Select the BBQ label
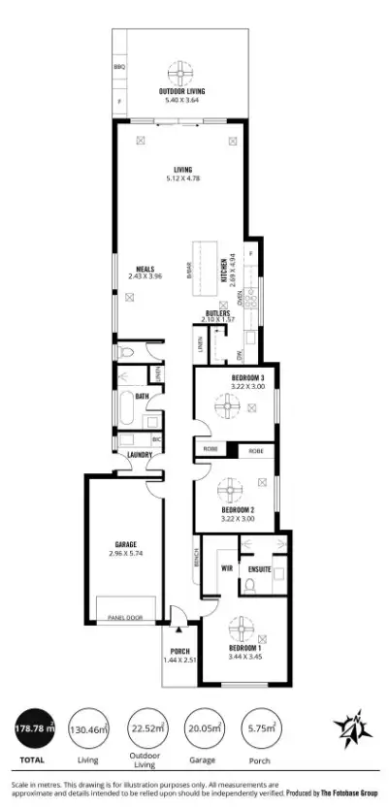119,67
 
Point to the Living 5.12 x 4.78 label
181,175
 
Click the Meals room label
146,272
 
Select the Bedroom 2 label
238,514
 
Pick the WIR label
227,568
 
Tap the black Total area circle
34,727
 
